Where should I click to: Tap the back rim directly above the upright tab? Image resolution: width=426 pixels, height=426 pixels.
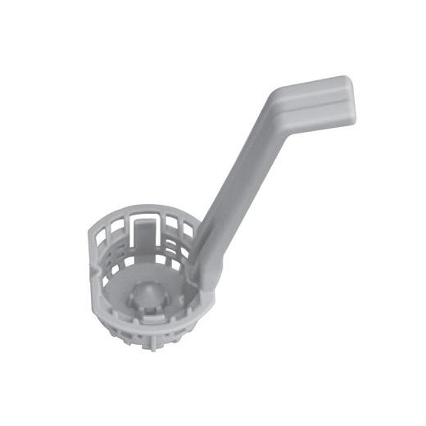pos(143,211)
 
